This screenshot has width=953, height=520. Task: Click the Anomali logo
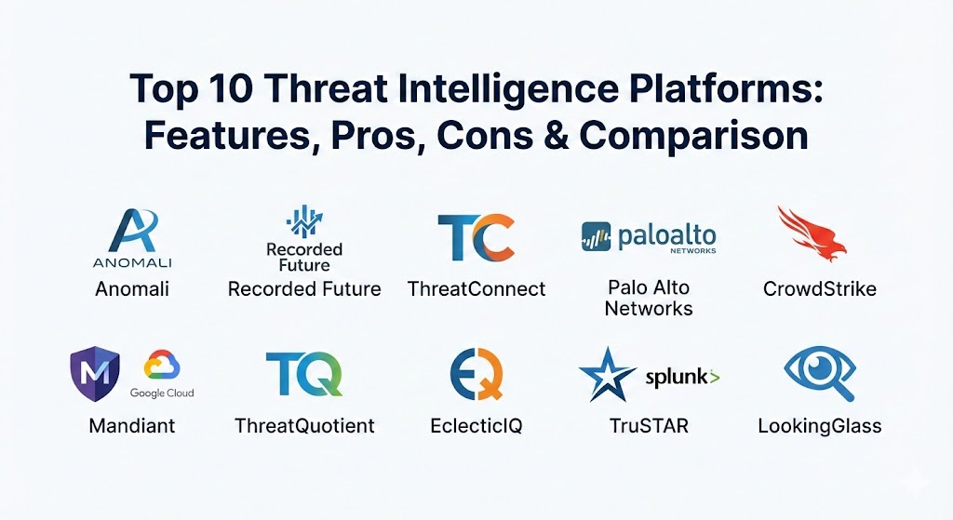click(132, 237)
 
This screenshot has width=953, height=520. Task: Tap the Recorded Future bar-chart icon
click(304, 221)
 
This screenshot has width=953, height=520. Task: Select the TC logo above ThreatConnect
click(476, 237)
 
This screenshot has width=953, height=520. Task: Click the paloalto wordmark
click(667, 237)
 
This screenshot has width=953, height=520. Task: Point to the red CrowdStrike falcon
click(812, 233)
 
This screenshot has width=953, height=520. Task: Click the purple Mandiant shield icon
click(95, 374)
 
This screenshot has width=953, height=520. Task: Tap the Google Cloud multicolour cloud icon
click(162, 366)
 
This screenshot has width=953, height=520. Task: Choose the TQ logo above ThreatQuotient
click(304, 374)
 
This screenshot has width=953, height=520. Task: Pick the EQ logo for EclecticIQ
click(477, 374)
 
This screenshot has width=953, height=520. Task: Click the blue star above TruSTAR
click(607, 374)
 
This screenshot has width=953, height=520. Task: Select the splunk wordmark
click(682, 378)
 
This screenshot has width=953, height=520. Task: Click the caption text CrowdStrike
click(820, 288)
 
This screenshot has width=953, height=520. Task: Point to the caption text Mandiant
click(132, 425)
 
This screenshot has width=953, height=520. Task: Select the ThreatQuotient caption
click(304, 425)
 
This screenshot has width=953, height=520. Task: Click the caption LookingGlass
click(820, 426)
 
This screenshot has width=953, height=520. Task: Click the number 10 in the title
click(231, 88)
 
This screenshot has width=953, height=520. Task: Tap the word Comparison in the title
click(693, 136)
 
